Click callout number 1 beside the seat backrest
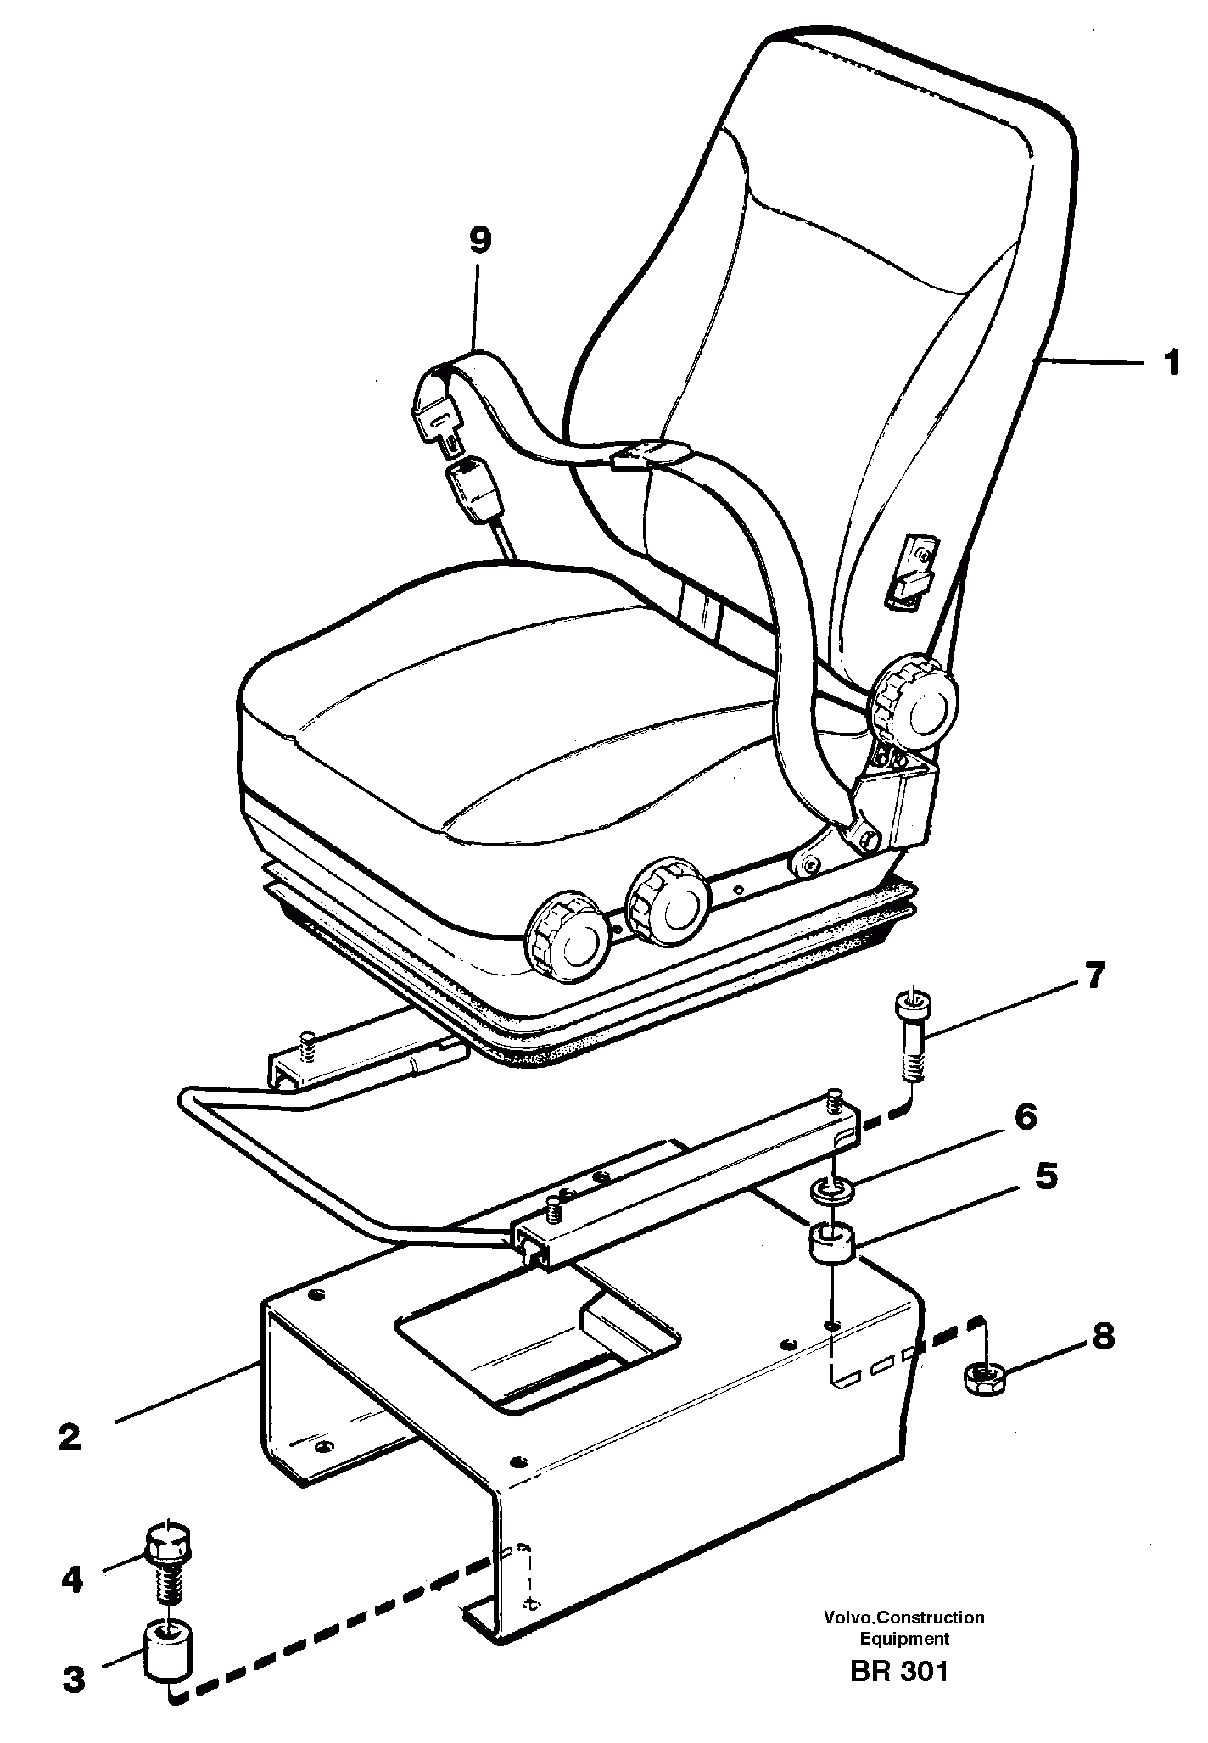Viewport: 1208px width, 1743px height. (x=1172, y=364)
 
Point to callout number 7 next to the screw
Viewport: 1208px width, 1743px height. (x=1094, y=976)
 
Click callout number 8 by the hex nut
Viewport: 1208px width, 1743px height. (x=1102, y=1338)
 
